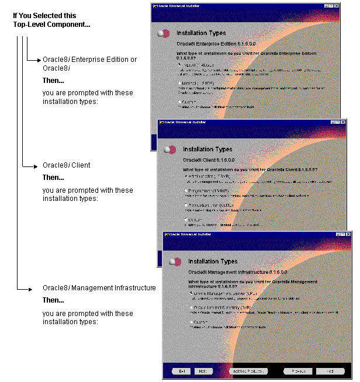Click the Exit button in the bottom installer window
(x=182, y=371)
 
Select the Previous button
(x=297, y=371)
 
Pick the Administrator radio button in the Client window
(x=185, y=175)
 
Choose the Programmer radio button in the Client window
(x=185, y=190)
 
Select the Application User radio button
(x=185, y=205)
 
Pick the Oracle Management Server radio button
(x=191, y=293)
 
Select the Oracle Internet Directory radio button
(x=191, y=307)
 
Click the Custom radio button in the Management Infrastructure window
(x=191, y=321)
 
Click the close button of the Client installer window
(x=342, y=121)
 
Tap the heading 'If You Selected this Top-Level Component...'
(x=51, y=20)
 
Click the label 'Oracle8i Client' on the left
(x=66, y=165)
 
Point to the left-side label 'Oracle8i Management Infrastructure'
(x=99, y=288)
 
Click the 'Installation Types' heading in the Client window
(x=207, y=150)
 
